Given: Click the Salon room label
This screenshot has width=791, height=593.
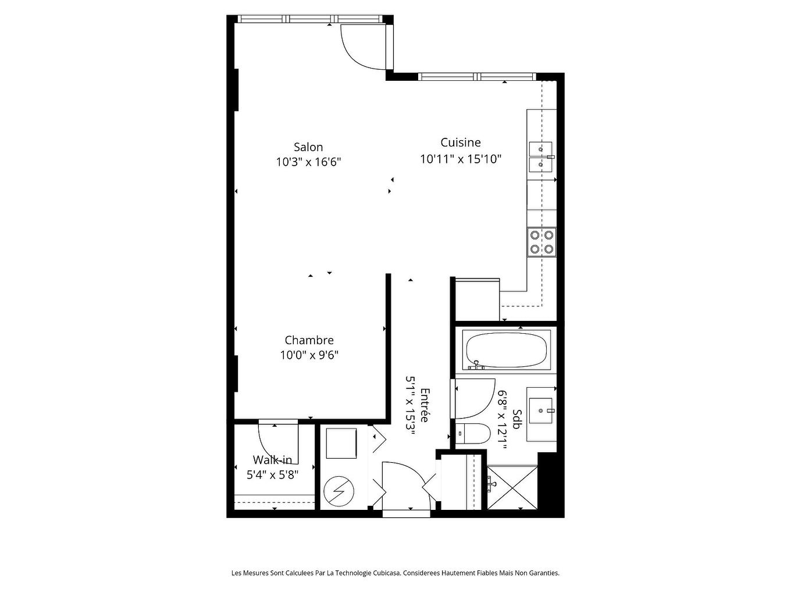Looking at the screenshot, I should pos(308,147).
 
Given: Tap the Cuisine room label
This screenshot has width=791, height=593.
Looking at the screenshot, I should pos(460,142).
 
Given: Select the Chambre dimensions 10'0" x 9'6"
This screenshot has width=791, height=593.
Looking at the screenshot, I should pos(309,355).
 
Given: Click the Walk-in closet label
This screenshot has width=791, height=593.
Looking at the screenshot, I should pos(272,460).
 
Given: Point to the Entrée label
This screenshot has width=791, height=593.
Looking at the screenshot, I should pos(425,405).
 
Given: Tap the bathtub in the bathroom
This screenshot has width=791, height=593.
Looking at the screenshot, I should pos(507,350).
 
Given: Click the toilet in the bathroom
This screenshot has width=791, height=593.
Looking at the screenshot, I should pos(473,434).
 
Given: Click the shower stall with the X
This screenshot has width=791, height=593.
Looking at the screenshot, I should pos(511,488).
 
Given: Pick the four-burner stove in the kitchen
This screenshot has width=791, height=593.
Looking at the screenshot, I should pos(541,242).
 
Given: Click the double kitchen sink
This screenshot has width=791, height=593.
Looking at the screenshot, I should pos(541,157).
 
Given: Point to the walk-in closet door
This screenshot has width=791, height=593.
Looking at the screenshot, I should pos(278,442).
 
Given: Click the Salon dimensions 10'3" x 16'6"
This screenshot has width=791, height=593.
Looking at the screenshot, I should pos(308,162).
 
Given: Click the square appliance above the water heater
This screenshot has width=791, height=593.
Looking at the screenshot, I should pos(341,444).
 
